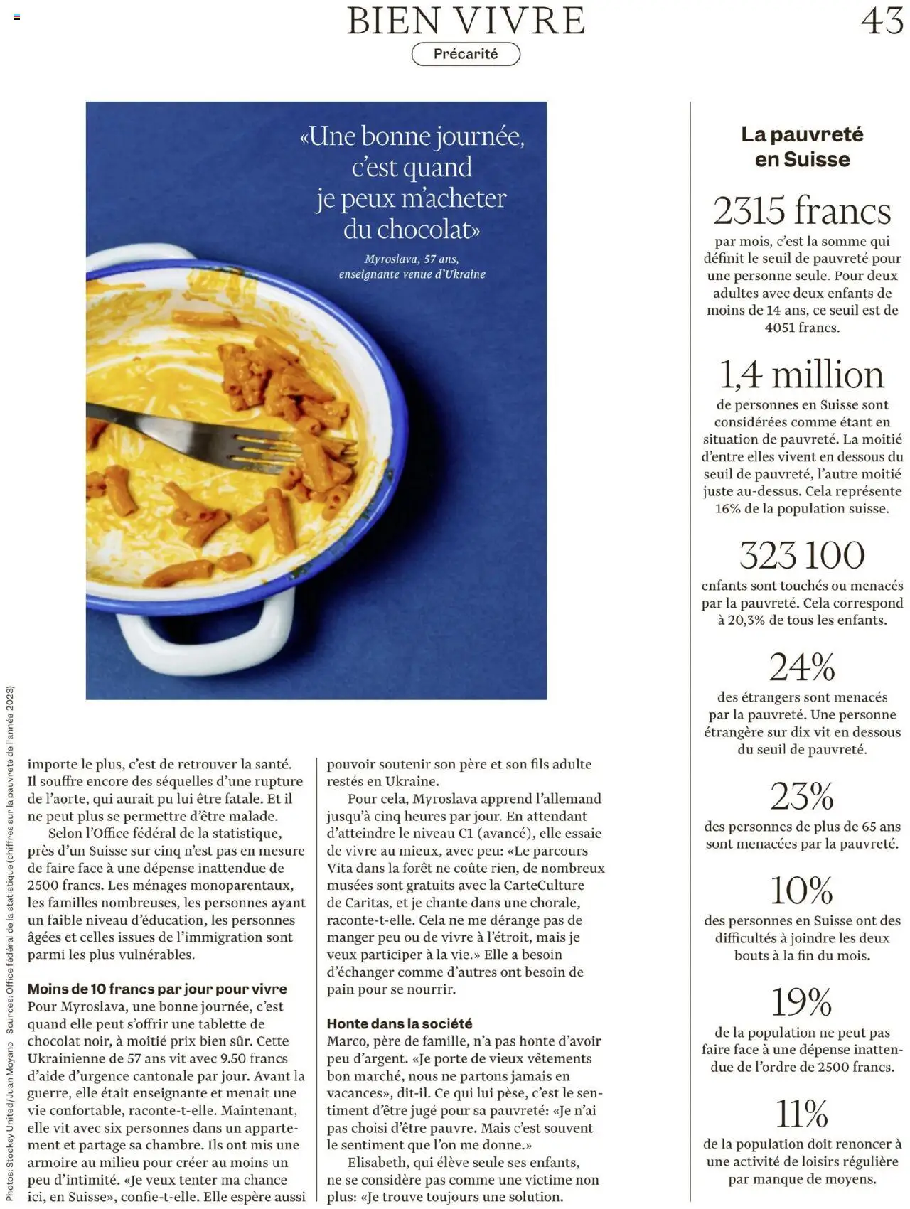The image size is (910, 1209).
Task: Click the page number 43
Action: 882,21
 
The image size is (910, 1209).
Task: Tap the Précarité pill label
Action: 466,54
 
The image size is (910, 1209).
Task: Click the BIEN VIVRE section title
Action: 466,21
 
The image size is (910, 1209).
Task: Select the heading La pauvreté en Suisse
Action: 802,146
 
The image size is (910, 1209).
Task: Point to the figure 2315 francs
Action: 802,211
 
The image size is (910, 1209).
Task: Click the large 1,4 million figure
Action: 802,375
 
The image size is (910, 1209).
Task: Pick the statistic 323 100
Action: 802,555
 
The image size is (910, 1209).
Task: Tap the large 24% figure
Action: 802,667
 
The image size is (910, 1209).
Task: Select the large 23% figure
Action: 802,796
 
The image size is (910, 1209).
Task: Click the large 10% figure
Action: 802,890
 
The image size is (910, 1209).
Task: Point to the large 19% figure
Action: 802,1002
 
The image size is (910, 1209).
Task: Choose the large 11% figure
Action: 802,1114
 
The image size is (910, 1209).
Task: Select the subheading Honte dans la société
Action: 400,1023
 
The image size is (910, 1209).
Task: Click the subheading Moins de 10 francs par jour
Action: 157,989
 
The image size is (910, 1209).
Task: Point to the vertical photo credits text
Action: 10,945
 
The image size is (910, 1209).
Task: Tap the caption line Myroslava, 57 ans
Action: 412,259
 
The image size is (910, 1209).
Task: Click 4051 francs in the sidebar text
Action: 802,328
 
